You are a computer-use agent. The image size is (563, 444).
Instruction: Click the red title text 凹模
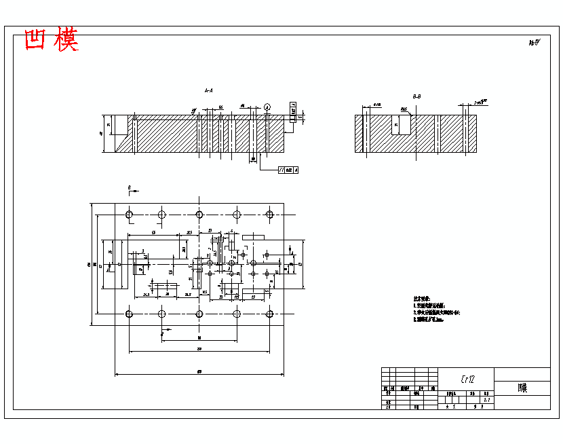(51, 41)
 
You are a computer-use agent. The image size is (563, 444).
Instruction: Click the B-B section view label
(416, 97)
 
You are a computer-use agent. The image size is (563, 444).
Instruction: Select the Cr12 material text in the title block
(467, 379)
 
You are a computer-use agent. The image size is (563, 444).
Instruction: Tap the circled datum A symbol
(268, 107)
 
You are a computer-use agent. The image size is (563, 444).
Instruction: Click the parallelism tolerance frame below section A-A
(288, 169)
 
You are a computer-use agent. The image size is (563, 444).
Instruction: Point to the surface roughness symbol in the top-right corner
(535, 43)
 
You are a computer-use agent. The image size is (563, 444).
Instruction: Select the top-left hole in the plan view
(129, 215)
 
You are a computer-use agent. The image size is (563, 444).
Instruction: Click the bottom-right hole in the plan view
(270, 313)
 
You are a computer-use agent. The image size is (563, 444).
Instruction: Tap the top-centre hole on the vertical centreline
(199, 215)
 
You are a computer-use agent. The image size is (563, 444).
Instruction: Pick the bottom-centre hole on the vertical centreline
(199, 313)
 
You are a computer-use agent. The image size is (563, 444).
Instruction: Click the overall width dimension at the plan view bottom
(199, 371)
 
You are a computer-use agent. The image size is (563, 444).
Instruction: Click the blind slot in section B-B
(404, 124)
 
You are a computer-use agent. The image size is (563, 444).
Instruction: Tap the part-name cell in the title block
(522, 389)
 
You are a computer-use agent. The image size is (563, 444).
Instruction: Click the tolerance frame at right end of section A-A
(293, 111)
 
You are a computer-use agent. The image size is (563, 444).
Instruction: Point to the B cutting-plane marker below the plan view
(162, 335)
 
